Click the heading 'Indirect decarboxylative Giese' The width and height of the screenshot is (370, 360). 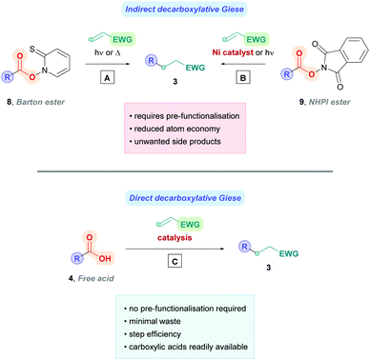185,10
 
